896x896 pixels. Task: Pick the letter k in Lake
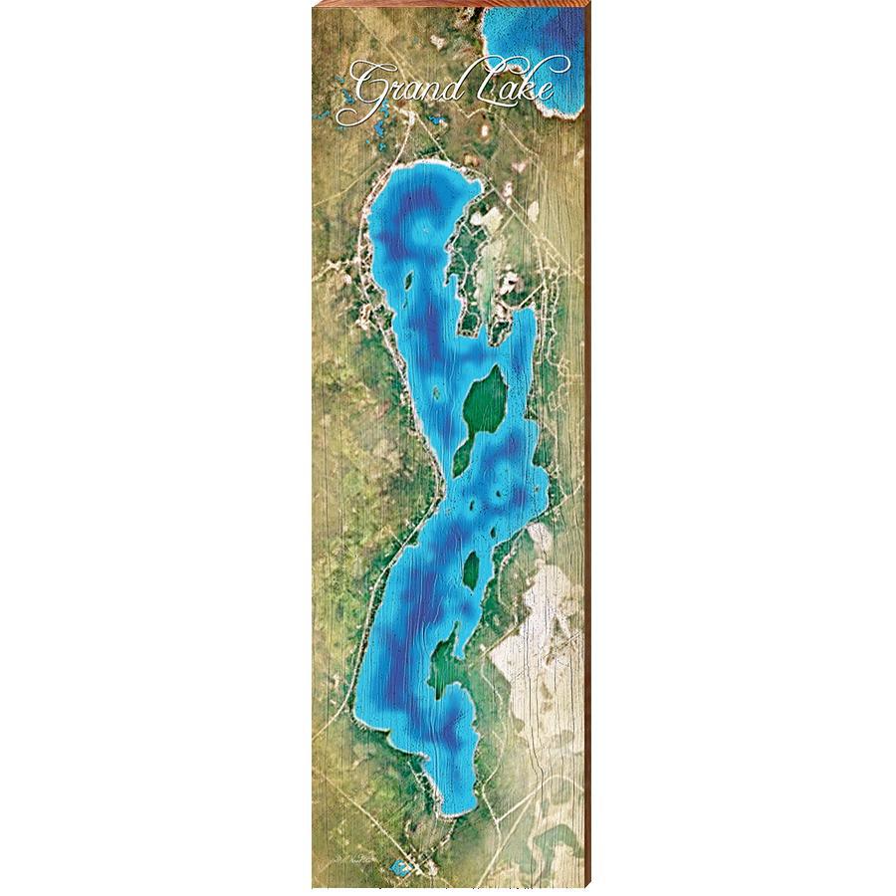coord(528,82)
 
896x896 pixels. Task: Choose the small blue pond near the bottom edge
coord(403,867)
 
